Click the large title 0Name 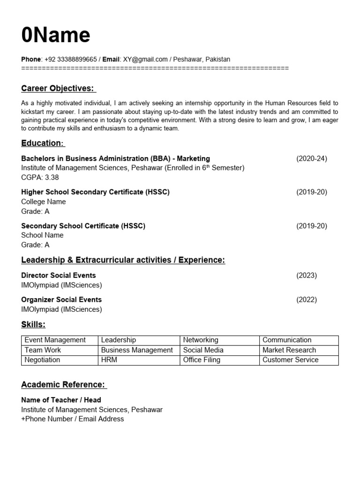(56, 35)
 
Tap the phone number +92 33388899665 (71, 59)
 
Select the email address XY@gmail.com (145, 59)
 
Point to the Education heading (42, 143)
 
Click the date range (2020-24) (311, 158)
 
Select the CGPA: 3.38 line (40, 178)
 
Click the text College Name (44, 202)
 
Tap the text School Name (42, 235)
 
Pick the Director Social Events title (59, 275)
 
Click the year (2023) (307, 275)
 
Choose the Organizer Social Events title (61, 300)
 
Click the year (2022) (307, 300)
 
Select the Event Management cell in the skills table (55, 340)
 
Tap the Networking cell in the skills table (201, 340)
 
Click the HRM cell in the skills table (109, 360)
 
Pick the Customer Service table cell (290, 360)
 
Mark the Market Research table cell (289, 350)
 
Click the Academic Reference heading (63, 385)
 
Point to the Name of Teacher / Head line (61, 400)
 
